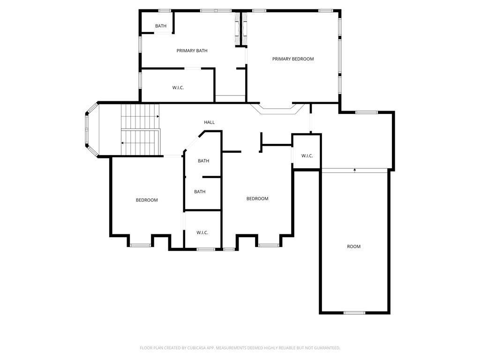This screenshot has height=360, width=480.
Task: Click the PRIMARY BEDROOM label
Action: pyautogui.click(x=293, y=59)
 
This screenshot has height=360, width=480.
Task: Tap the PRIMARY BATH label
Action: pyautogui.click(x=192, y=51)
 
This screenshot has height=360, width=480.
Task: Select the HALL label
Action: pyautogui.click(x=209, y=122)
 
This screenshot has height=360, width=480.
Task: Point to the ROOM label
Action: pyautogui.click(x=353, y=247)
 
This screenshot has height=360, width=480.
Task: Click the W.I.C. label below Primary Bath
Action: pyautogui.click(x=178, y=88)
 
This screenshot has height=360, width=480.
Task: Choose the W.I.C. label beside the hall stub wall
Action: pyautogui.click(x=307, y=156)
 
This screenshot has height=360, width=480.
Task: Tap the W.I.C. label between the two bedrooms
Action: pyautogui.click(x=202, y=232)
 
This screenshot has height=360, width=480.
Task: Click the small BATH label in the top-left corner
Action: pyautogui.click(x=161, y=26)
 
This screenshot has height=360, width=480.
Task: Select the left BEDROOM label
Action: pyautogui.click(x=147, y=200)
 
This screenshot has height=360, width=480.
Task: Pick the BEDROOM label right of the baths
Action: pyautogui.click(x=257, y=199)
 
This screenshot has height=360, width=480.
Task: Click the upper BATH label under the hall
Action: pyautogui.click(x=203, y=161)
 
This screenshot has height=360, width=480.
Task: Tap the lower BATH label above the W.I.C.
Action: pyautogui.click(x=200, y=192)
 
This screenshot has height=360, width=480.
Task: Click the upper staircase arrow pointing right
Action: pyautogui.click(x=157, y=117)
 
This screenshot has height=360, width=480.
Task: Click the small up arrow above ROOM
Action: pyautogui.click(x=355, y=169)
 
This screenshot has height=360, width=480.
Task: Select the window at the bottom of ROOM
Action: pyautogui.click(x=354, y=313)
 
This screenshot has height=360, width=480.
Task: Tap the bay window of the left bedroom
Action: pyautogui.click(x=140, y=245)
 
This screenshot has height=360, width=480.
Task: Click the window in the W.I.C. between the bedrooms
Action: pyautogui.click(x=206, y=249)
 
